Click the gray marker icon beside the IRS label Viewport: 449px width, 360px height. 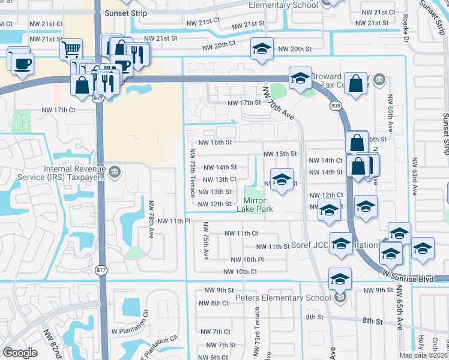116,173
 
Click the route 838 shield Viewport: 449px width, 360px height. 336,105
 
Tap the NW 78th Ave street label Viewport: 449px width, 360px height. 151,218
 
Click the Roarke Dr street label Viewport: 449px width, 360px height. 406,28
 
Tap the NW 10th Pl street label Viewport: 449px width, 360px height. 247,260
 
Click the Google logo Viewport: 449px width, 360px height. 20,353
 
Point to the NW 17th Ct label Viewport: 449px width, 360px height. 58,110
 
